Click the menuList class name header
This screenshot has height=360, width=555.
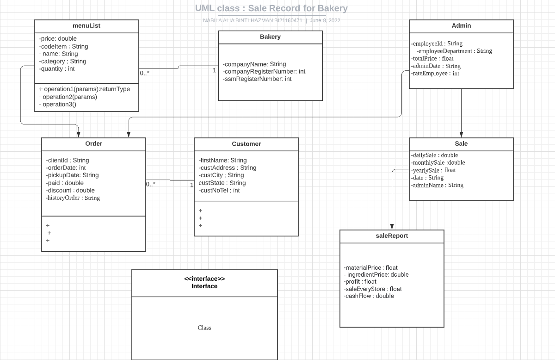(x=86, y=26)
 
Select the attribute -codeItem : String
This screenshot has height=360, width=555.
(x=63, y=46)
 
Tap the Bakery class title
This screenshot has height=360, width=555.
(x=270, y=37)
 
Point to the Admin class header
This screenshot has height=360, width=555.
(x=461, y=26)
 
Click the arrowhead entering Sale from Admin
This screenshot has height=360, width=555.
(x=461, y=135)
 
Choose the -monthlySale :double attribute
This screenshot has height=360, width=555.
(x=438, y=163)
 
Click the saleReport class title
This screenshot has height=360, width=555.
(x=392, y=236)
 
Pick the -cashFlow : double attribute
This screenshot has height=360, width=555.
(x=369, y=296)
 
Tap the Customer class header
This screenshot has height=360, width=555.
(x=246, y=144)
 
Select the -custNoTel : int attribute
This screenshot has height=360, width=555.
(x=219, y=190)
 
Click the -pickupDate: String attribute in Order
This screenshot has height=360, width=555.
(x=72, y=175)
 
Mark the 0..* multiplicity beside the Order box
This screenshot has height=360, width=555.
(x=151, y=184)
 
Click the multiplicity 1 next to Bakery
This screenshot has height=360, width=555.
(x=214, y=71)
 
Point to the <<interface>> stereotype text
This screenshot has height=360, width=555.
(x=204, y=279)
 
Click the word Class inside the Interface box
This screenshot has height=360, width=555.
(x=204, y=328)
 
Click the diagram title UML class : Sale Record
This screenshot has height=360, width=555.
(x=271, y=8)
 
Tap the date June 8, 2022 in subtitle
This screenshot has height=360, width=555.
(x=325, y=20)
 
